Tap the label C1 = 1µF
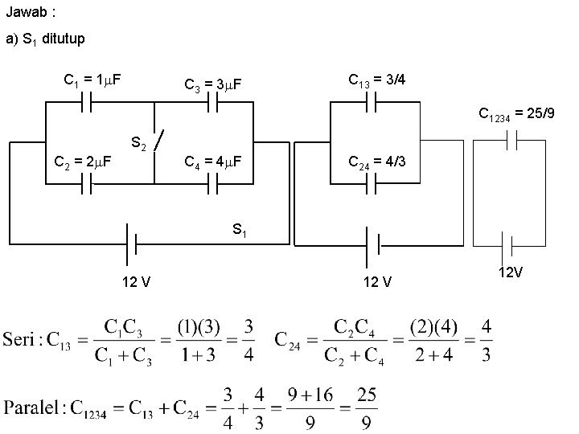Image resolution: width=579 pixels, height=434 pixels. tap(92, 80)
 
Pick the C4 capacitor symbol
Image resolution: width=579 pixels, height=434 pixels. tap(214, 184)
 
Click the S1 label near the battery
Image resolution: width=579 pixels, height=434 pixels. tap(240, 231)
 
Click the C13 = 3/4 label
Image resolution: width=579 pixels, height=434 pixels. tap(376, 80)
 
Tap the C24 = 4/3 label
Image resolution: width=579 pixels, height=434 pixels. tap(376, 162)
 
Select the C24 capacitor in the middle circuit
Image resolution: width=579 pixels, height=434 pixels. tap(372, 184)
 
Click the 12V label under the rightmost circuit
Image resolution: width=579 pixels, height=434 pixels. tap(511, 272)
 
